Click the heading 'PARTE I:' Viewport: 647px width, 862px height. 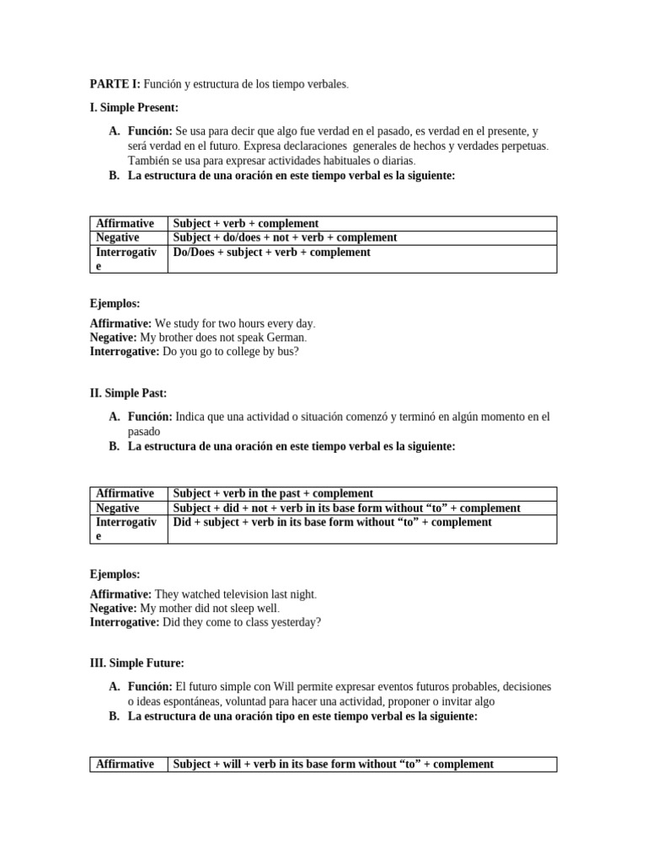coord(115,84)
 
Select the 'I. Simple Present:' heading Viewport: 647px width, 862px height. coord(134,108)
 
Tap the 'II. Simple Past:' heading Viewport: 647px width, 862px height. coord(128,392)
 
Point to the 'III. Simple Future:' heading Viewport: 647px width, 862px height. coord(136,663)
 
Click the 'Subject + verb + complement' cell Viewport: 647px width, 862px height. coord(246,223)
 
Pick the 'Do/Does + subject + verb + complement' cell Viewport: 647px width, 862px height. coord(271,252)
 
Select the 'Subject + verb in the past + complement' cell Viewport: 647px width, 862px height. coord(273,493)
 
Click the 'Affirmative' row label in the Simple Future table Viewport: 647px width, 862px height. coord(126,764)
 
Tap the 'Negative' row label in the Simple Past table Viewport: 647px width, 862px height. coord(118,508)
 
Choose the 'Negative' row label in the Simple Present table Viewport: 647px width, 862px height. coord(118,237)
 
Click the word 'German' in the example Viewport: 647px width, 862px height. coord(284,338)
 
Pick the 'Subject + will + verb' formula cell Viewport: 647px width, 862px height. coord(333,764)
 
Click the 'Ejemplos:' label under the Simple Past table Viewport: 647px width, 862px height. coord(115,574)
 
